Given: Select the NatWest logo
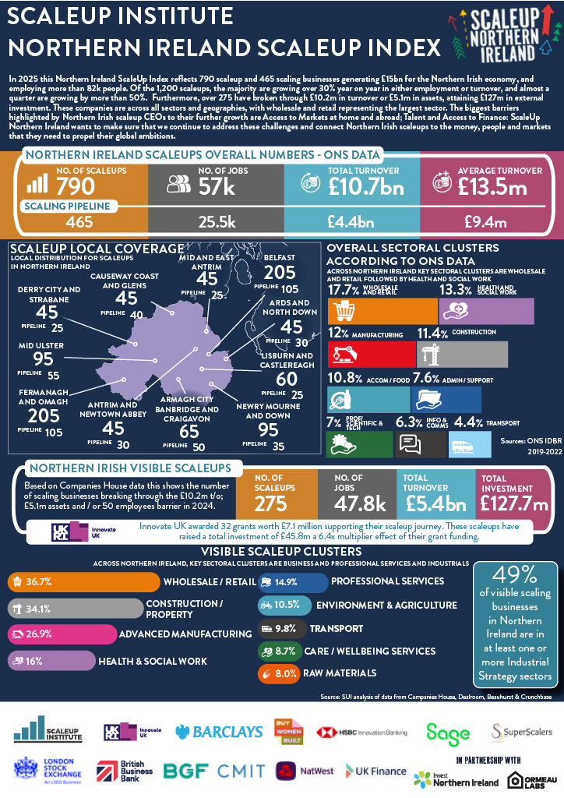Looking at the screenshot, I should (x=305, y=771).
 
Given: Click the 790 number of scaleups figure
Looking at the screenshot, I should (x=76, y=185).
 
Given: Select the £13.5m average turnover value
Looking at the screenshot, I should (x=492, y=186).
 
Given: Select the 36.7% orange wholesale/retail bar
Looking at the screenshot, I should (x=82, y=582).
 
